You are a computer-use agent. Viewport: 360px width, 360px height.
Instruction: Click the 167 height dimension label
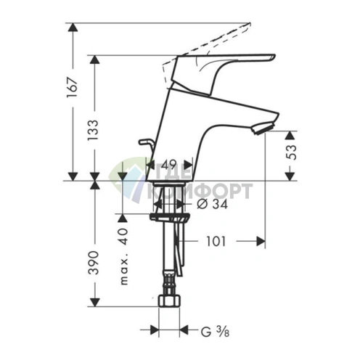pyautogui.click(x=73, y=87)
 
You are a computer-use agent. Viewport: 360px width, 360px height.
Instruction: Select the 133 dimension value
pyautogui.click(x=93, y=130)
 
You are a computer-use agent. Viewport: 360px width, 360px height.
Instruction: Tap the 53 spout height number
pyautogui.click(x=291, y=152)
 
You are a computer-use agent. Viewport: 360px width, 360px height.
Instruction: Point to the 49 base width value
pyautogui.click(x=169, y=165)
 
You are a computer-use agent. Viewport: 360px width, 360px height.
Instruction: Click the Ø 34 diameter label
pyautogui.click(x=213, y=205)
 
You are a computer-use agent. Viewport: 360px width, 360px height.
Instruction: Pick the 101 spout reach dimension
pyautogui.click(x=216, y=242)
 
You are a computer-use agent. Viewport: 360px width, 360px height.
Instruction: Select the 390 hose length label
pyautogui.click(x=94, y=263)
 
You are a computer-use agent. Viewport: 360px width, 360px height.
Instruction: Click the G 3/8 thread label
pyautogui.click(x=215, y=331)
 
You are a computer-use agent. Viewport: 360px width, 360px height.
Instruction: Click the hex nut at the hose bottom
pyautogui.click(x=169, y=300)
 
